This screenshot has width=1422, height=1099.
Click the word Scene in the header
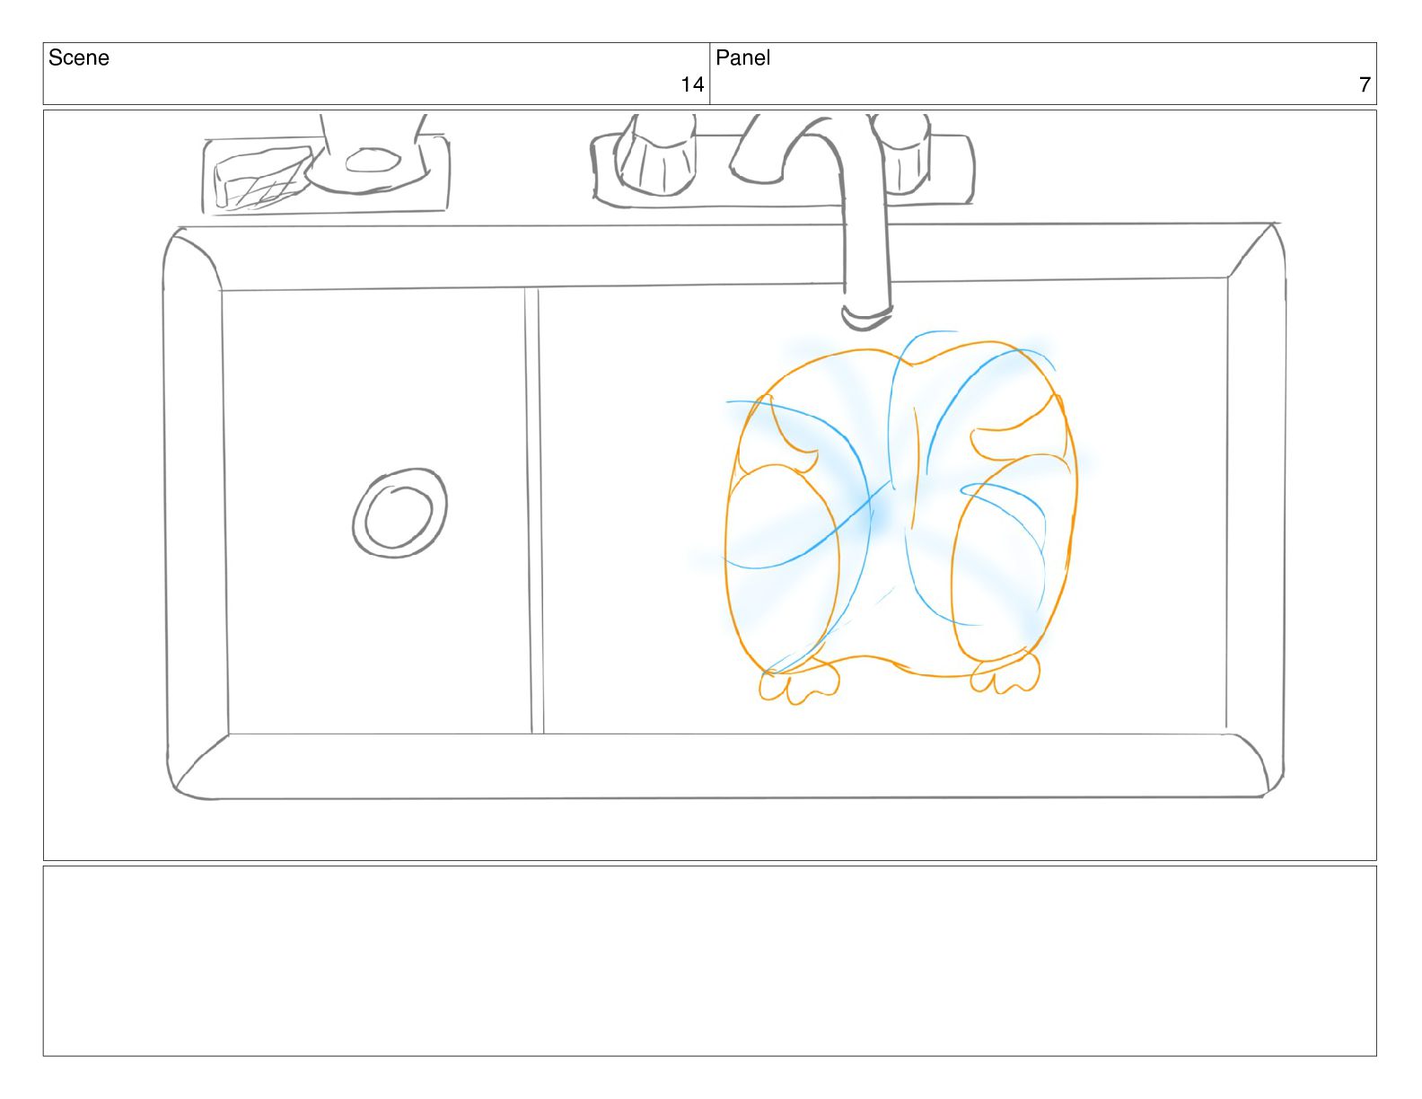click(79, 58)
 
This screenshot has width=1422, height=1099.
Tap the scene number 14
click(691, 85)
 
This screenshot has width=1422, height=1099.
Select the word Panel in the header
click(742, 58)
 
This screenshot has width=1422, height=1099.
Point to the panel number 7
click(1365, 85)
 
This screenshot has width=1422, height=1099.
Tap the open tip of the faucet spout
click(866, 316)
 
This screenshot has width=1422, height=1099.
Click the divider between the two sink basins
click(533, 512)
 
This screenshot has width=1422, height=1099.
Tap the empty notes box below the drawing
click(709, 961)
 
